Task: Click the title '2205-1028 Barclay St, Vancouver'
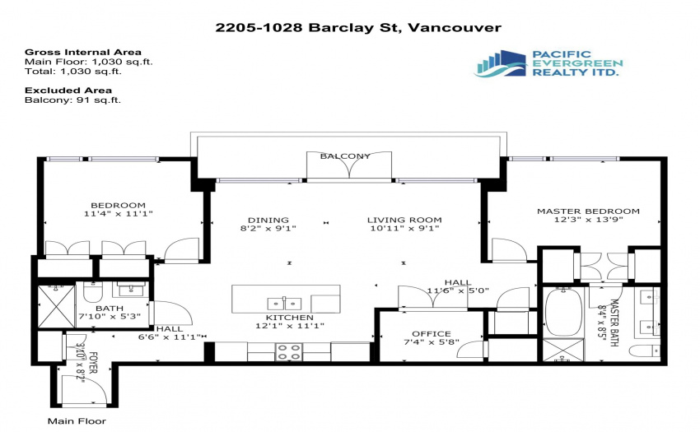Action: coord(358,28)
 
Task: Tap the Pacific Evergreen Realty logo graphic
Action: coord(501,63)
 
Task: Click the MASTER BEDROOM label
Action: coord(588,211)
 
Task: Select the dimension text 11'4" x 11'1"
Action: coord(119,214)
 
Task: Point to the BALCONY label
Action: coord(345,156)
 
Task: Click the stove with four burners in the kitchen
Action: coord(289,351)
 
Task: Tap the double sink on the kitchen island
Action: coord(284,304)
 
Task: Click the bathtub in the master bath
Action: coord(563,312)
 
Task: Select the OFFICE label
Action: coord(432,334)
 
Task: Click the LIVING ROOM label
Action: coord(404,220)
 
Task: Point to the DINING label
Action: coord(268,220)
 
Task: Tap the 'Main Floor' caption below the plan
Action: coord(77,420)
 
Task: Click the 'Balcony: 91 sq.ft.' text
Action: coord(72,100)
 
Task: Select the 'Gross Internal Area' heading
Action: coord(83,52)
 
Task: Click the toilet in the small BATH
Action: coord(93,292)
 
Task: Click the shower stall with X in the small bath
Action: coord(56,307)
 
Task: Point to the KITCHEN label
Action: coord(290,318)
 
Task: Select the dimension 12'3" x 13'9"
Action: coord(588,220)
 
